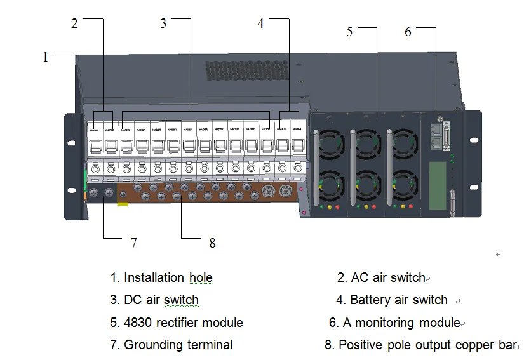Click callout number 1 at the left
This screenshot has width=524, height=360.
coord(45,57)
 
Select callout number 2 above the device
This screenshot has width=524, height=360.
coord(74,23)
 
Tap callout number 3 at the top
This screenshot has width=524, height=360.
coord(163,23)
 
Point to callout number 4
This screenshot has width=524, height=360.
coord(260,23)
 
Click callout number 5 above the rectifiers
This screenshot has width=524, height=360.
coord(349,32)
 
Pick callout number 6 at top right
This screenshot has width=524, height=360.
coord(408,32)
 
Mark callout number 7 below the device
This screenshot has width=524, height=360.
coord(133,243)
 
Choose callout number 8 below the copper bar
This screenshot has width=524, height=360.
coord(212,243)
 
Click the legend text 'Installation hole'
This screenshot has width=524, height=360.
coord(168,277)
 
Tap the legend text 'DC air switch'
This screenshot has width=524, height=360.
coord(161,300)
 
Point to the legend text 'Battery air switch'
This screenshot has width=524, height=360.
coord(399,300)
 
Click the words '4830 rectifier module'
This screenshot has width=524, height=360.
coord(183,323)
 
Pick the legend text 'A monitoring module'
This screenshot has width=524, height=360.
coord(401,323)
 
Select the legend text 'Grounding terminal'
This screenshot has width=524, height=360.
coord(178,345)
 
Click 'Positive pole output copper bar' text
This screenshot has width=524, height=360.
coord(427,345)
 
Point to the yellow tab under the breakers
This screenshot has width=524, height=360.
coord(123,204)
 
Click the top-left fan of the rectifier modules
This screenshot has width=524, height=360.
coord(330,143)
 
